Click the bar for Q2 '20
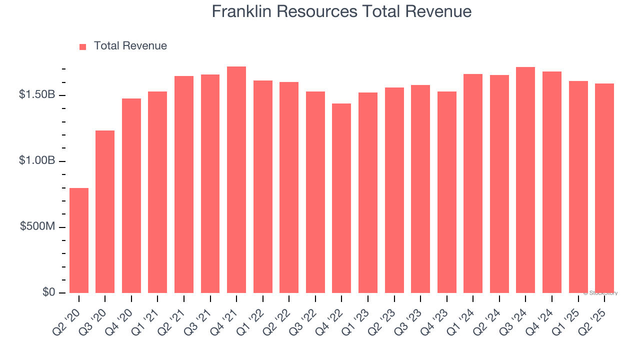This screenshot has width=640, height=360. (x=79, y=240)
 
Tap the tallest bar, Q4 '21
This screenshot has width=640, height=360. (x=236, y=179)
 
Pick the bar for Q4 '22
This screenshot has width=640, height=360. (x=341, y=198)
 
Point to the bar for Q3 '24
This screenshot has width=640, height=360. (x=525, y=180)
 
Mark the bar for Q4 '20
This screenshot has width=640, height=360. (x=131, y=195)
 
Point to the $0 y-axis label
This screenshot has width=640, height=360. (x=48, y=292)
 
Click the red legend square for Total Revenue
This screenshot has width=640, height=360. (x=83, y=46)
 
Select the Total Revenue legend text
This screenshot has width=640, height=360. (x=130, y=46)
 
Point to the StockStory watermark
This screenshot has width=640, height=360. (x=600, y=293)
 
